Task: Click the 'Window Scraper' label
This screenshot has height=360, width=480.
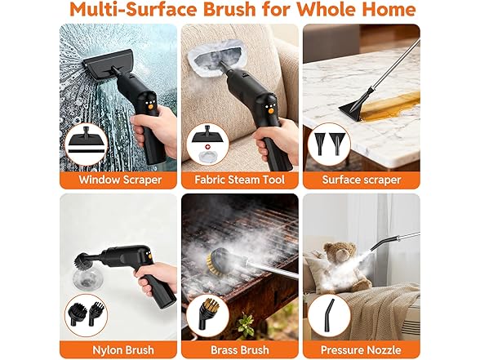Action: [x=120, y=180]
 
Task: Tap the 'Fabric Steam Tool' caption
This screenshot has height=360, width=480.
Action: [x=239, y=180]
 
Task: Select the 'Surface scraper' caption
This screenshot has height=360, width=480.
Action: [x=361, y=180]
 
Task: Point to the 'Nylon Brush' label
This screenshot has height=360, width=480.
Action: [x=123, y=349]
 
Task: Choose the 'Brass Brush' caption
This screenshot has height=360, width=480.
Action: [x=240, y=349]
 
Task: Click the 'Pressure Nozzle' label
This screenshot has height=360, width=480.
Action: [x=361, y=349]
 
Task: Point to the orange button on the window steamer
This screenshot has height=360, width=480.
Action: [x=150, y=107]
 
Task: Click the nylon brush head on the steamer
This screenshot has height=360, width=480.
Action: [x=82, y=261]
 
